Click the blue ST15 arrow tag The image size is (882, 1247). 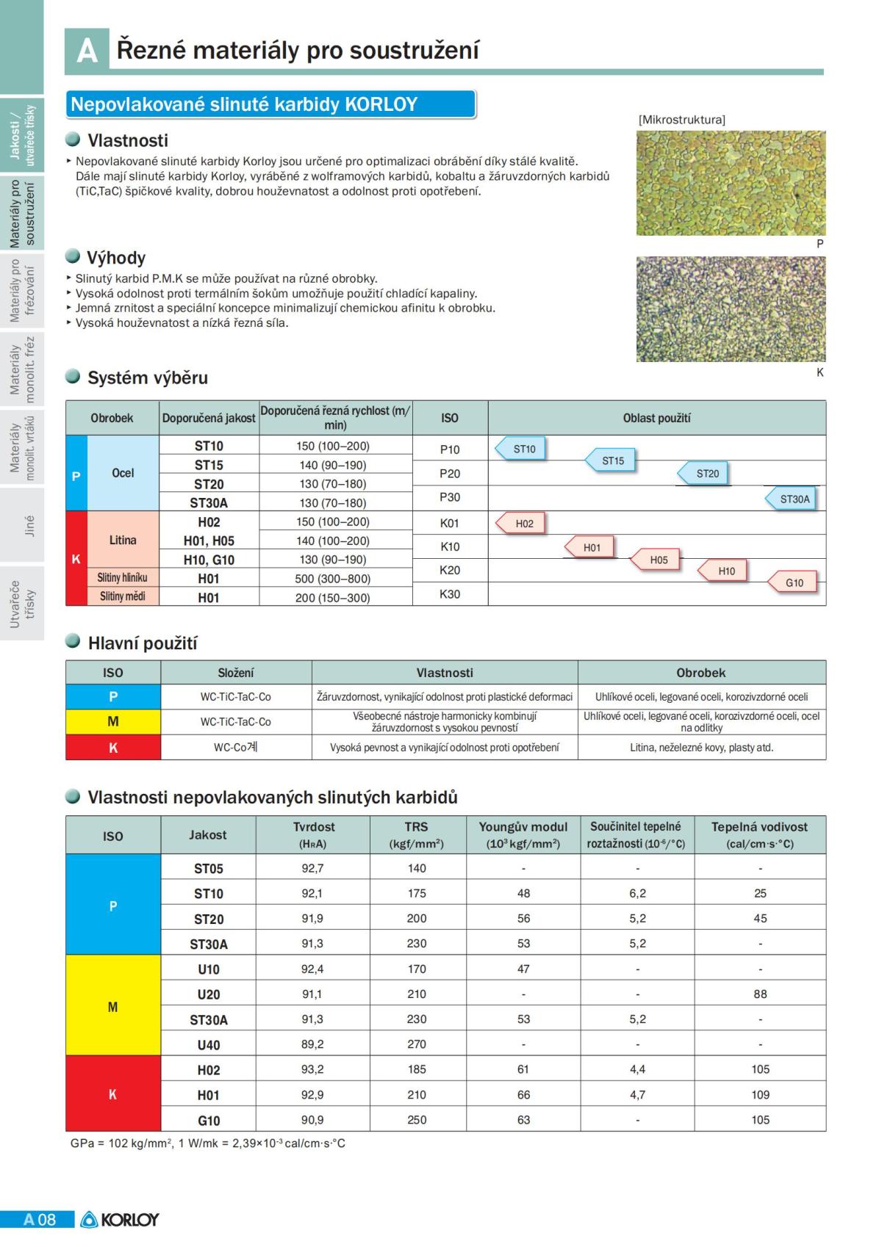[x=611, y=461]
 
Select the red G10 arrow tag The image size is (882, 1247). [x=792, y=583]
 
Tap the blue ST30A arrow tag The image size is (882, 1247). [x=792, y=499]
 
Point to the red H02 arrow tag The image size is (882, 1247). [x=521, y=524]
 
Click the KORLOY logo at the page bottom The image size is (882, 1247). [x=120, y=1220]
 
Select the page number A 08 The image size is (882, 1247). [x=39, y=1220]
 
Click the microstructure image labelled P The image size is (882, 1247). [x=731, y=183]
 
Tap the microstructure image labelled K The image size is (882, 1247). [x=731, y=308]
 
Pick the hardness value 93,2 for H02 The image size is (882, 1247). [x=312, y=1069]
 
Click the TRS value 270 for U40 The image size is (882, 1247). [x=417, y=1044]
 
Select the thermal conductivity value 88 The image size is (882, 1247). [x=760, y=994]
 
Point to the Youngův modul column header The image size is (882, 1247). [x=523, y=835]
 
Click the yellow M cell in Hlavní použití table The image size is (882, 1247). [x=113, y=722]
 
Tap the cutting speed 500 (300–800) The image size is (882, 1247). [x=332, y=579]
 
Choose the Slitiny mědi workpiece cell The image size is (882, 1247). [x=123, y=596]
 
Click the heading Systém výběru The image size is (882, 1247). [x=147, y=378]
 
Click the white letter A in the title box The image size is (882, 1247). [x=87, y=51]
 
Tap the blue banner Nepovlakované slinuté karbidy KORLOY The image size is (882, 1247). [x=270, y=104]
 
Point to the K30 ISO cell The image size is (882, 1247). [x=450, y=594]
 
